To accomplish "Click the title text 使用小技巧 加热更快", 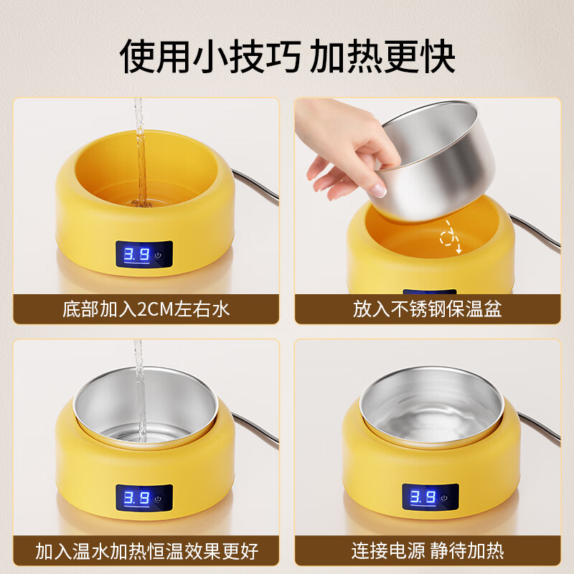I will (x=287, y=55).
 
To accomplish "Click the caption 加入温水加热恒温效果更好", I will (x=146, y=550).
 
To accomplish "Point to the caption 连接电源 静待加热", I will (x=427, y=550).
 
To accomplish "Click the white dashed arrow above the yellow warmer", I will (x=451, y=236).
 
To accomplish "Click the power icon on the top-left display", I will (x=159, y=255).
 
